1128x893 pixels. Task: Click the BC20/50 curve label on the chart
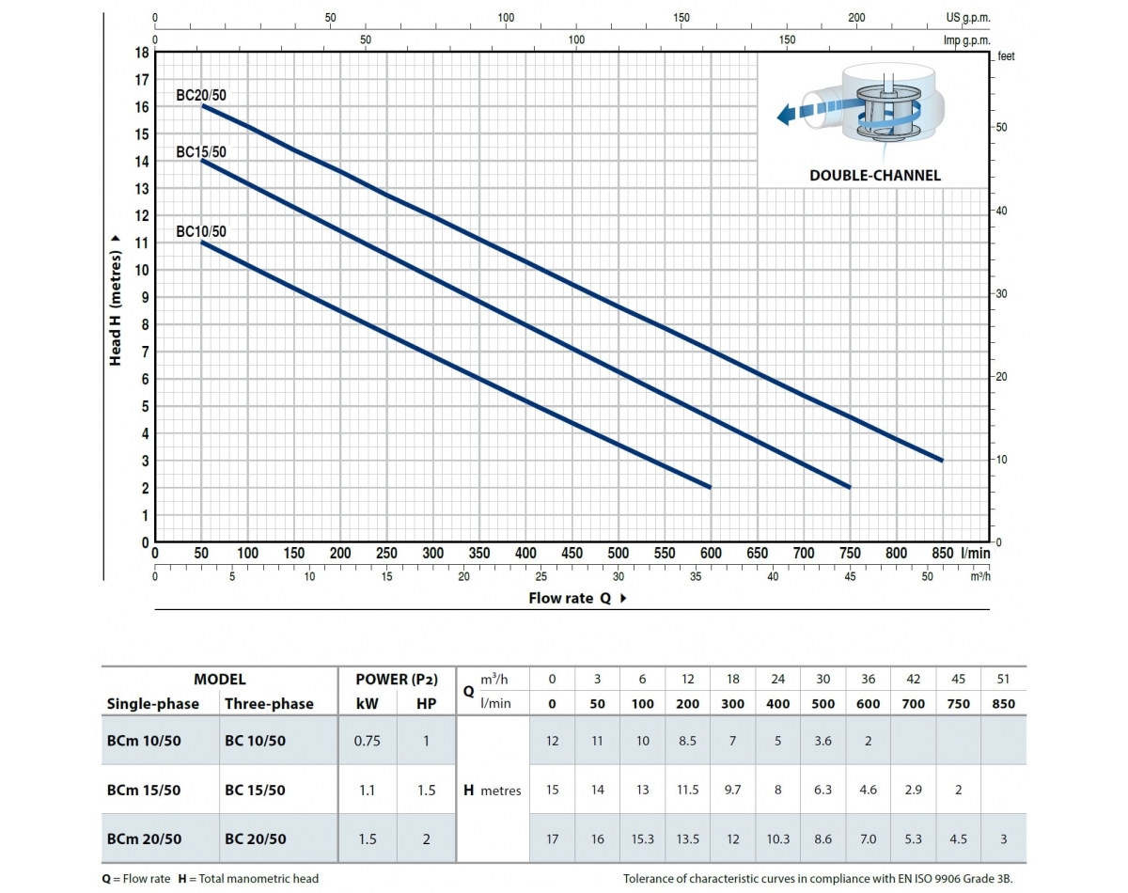(201, 95)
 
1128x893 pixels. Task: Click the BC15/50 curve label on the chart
(201, 152)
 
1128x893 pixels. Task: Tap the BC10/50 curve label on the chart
(201, 232)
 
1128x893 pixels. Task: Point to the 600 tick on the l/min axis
(711, 554)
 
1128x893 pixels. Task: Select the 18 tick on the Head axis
(142, 53)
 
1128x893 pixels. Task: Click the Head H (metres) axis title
(116, 300)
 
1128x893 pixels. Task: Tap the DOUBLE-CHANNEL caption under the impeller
(874, 175)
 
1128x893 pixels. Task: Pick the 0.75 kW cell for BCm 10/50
(367, 741)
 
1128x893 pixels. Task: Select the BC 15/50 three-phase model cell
(255, 790)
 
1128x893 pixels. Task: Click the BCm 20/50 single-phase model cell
(144, 838)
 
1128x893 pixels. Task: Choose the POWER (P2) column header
(397, 679)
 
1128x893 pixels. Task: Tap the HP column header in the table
(426, 703)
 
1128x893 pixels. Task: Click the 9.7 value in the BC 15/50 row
(732, 790)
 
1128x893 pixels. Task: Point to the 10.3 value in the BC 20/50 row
(777, 838)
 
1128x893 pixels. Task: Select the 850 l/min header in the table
(1003, 703)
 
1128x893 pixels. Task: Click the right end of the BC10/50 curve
(710, 487)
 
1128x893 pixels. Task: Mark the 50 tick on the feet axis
(1002, 127)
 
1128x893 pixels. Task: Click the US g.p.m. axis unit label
(968, 18)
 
